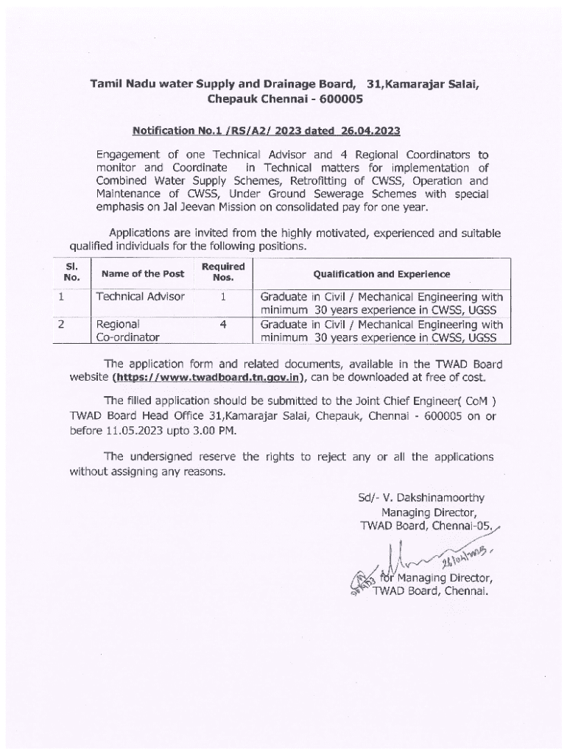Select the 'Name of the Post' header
[143, 274]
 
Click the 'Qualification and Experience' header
[381, 274]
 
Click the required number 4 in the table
[222, 324]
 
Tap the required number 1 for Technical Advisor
[222, 297]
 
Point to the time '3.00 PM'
[194, 429]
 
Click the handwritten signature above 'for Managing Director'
[420, 556]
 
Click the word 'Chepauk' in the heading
[233, 98]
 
